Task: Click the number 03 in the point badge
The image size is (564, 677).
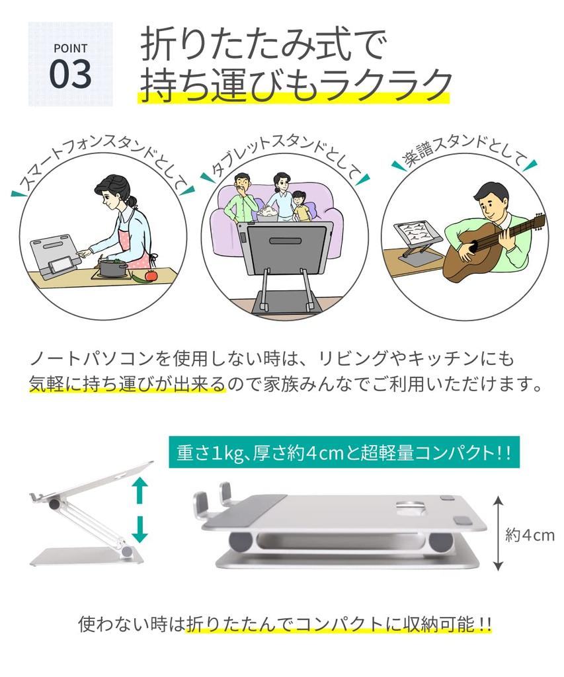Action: coord(70,75)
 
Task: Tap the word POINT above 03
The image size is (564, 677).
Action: coord(70,48)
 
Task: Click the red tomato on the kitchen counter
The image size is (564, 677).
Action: coord(151,275)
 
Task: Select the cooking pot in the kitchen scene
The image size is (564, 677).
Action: coord(113,268)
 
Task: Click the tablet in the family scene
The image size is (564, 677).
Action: coord(284,247)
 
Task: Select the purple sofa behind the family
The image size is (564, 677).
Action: coord(225,225)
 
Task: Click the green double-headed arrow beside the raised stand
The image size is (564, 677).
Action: coord(139,509)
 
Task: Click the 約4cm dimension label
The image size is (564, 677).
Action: coord(530,535)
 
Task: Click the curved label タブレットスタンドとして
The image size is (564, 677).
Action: coord(285,151)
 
